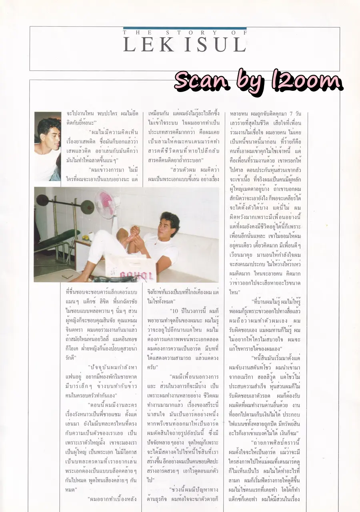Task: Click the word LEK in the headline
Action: pos(147,44)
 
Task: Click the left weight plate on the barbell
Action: pos(41,200)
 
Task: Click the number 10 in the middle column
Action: pos(173,310)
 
